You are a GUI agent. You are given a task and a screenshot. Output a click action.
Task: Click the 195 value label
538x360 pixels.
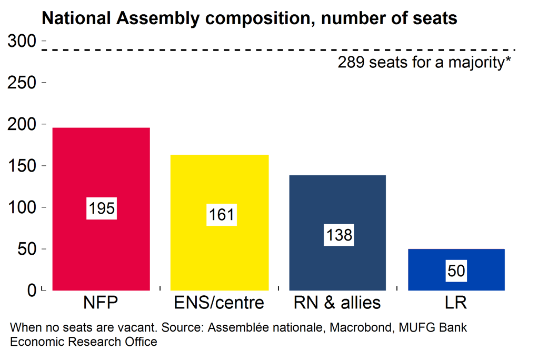101,208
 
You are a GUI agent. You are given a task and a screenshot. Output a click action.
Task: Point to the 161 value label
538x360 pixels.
221,215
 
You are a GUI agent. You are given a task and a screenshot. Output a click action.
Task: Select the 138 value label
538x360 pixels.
340,235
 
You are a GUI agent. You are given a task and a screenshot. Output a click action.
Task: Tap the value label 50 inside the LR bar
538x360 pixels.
456,271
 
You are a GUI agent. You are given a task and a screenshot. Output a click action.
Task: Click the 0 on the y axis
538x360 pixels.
31,290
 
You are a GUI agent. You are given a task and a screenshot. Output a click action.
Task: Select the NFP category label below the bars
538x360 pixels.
100,304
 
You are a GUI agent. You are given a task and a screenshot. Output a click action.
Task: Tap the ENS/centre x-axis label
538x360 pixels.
219,304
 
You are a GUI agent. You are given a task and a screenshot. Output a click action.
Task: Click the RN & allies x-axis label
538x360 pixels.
337,304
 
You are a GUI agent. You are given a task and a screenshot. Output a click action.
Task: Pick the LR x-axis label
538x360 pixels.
455,304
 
